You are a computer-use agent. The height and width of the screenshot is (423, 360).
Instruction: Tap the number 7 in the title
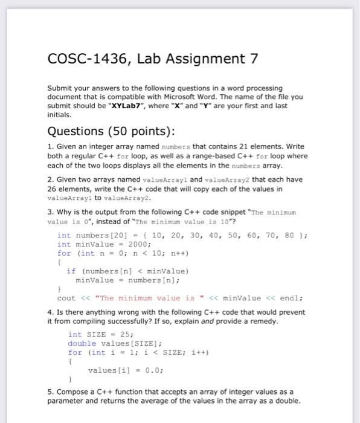(254, 59)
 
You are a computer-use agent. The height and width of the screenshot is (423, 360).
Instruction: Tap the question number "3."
(50, 212)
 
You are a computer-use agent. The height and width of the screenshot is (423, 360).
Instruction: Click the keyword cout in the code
(66, 298)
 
